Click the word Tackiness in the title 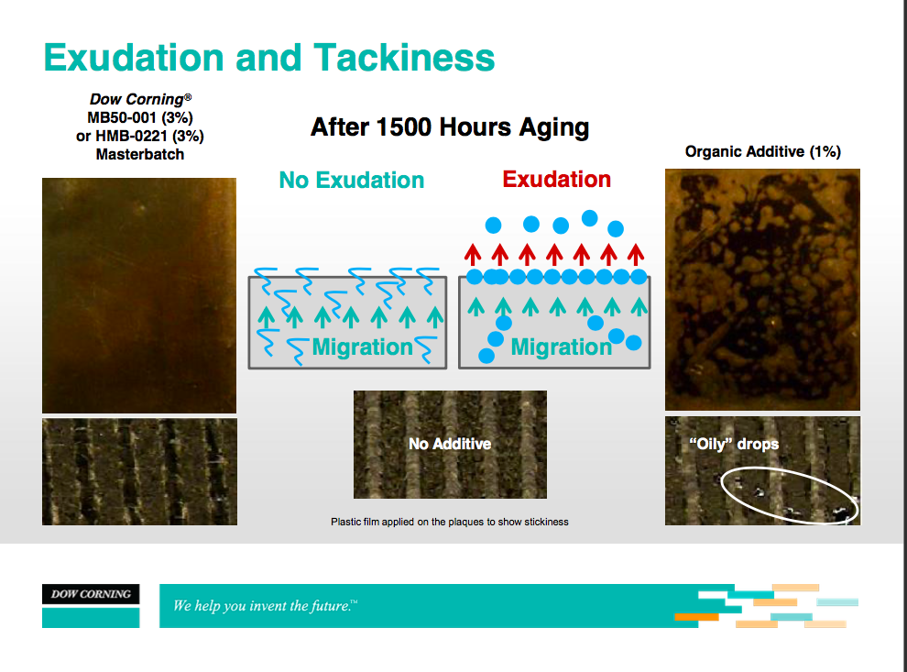404,58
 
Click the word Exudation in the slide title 134,58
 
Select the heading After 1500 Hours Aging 450,127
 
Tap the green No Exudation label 352,180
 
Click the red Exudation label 556,180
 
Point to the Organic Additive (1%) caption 763,151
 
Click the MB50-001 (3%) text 140,117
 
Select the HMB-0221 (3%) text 149,136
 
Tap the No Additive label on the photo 450,444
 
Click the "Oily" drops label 734,444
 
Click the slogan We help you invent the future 265,606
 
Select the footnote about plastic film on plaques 450,522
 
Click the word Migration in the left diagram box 362,347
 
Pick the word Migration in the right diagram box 561,347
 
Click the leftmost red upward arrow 473,255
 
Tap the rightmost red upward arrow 636,255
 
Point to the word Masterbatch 140,155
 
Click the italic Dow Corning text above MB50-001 140,100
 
